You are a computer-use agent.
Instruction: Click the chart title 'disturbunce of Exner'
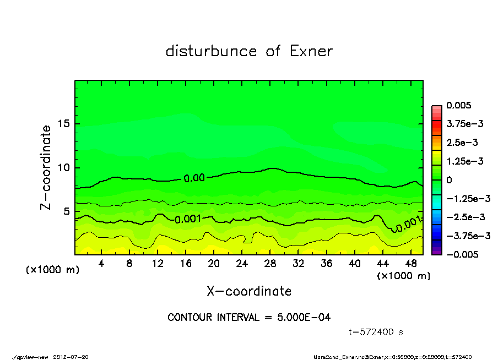click(249, 51)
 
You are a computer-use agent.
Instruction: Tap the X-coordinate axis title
click(249, 291)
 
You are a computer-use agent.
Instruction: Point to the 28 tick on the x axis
click(270, 264)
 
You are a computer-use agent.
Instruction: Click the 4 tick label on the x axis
click(101, 264)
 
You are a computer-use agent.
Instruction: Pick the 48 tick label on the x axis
click(411, 264)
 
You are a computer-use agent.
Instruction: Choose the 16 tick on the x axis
click(186, 264)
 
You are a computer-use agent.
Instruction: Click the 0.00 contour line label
click(194, 178)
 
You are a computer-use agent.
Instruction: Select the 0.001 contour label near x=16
click(187, 219)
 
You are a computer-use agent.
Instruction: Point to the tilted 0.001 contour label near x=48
click(408, 223)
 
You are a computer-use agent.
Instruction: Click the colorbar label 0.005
click(458, 105)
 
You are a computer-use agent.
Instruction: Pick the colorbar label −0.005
click(461, 254)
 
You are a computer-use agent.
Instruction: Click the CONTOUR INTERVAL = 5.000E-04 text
click(249, 318)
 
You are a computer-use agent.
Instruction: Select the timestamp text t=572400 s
click(377, 332)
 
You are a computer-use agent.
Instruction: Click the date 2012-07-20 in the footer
click(71, 357)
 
